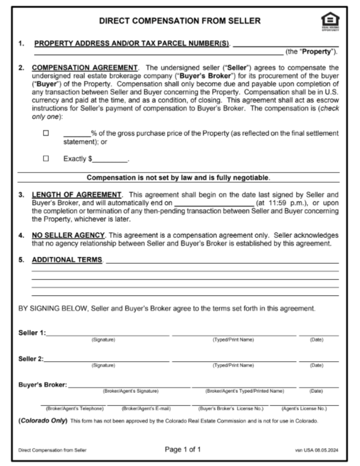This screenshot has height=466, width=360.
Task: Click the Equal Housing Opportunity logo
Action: (x=330, y=21)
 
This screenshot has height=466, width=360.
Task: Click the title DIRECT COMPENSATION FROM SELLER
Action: (x=180, y=21)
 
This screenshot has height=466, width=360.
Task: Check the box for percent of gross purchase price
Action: (x=46, y=133)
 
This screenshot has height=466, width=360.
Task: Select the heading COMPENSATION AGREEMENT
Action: (x=85, y=68)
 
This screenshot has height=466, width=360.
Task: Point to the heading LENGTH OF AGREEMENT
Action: (x=77, y=194)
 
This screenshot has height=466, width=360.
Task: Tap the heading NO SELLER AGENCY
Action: (x=68, y=235)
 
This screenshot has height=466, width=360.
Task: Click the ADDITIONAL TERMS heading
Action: (x=67, y=260)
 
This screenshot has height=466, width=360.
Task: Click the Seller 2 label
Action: (x=31, y=359)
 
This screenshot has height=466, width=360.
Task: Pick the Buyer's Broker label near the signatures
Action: (x=42, y=385)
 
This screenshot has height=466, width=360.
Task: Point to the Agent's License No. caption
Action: (x=304, y=408)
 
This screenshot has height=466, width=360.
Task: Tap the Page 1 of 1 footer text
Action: (x=182, y=450)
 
